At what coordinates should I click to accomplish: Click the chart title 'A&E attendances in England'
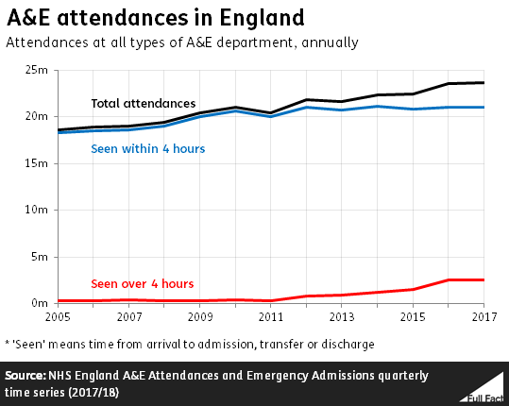click(x=156, y=17)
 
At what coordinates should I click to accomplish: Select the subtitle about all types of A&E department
click(x=182, y=42)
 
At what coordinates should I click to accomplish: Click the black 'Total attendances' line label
click(x=143, y=103)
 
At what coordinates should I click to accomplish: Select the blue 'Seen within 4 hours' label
click(x=147, y=148)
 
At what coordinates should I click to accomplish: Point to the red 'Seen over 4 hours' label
click(x=142, y=283)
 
